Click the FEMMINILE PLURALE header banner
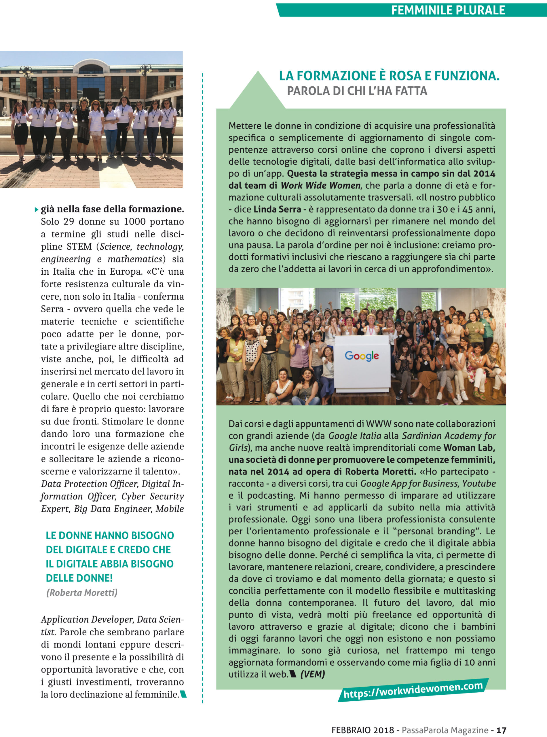tap(448, 10)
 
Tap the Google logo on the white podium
tap(362, 356)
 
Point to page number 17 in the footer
tap(502, 730)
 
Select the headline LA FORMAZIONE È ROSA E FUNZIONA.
tap(389, 76)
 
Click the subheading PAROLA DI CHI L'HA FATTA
tap(357, 91)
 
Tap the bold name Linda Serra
tap(277, 209)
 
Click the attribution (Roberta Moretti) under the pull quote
tap(82, 593)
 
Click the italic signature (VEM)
tap(312, 674)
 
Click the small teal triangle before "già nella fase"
tap(37, 210)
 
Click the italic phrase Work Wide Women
tap(320, 185)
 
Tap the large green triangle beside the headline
tap(258, 91)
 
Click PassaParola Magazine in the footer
tap(445, 730)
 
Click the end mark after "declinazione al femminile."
tap(183, 694)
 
